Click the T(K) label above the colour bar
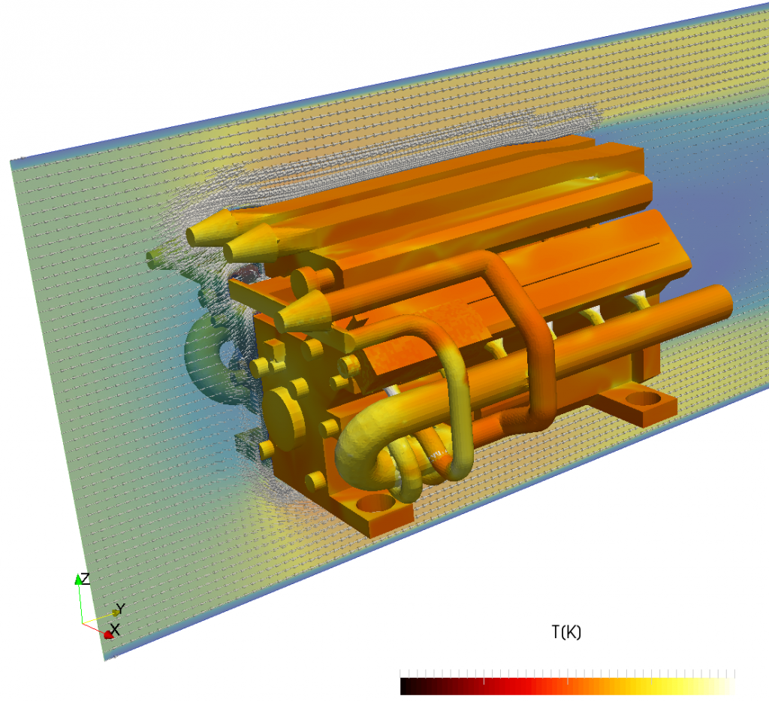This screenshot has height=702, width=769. pos(566,632)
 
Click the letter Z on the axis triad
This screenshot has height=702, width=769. pos(85,579)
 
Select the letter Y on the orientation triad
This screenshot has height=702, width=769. pos(121,608)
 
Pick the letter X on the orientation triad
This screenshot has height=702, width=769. pos(115,629)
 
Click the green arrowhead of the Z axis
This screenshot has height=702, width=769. pos(78,579)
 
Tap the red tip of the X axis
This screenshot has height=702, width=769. pos(108,635)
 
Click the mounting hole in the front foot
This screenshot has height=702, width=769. pos(377,503)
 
